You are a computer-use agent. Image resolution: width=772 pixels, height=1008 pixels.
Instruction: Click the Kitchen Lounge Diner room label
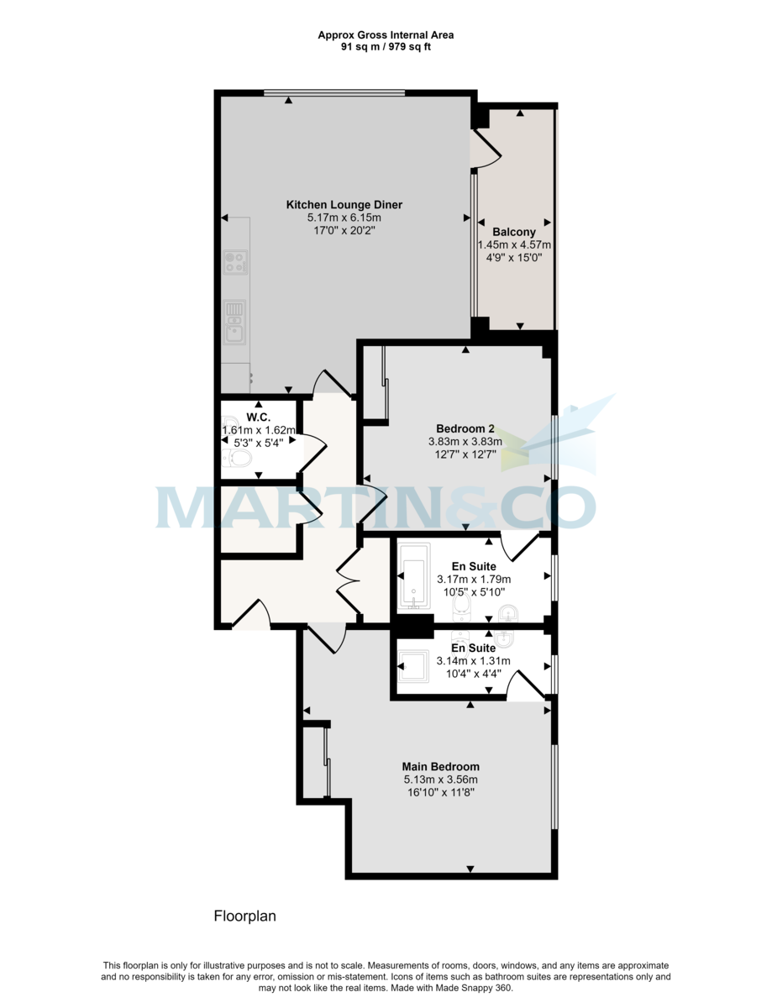click(344, 205)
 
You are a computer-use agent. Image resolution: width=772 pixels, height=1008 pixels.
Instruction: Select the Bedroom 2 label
click(465, 427)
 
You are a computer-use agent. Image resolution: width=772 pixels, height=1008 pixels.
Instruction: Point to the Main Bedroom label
click(440, 766)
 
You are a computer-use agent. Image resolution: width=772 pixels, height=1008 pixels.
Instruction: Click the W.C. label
click(257, 417)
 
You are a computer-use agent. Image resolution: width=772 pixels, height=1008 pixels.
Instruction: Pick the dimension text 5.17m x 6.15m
click(344, 218)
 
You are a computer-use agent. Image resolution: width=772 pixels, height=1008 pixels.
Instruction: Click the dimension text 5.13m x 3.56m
click(440, 780)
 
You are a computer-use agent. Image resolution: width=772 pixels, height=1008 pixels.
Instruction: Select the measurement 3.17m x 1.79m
click(474, 580)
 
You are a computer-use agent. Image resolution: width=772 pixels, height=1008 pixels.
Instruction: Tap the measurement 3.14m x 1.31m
click(473, 661)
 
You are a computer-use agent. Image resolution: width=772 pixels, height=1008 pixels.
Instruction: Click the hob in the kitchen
click(235, 262)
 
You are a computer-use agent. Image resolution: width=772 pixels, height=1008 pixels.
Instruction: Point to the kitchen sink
click(235, 321)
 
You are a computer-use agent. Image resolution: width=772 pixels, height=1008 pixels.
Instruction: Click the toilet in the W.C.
click(239, 458)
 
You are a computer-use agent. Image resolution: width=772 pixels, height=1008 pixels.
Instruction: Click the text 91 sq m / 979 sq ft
click(386, 47)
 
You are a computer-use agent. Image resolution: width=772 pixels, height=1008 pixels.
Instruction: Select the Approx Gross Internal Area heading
click(386, 35)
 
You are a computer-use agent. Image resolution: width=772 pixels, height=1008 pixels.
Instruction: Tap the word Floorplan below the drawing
click(244, 916)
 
